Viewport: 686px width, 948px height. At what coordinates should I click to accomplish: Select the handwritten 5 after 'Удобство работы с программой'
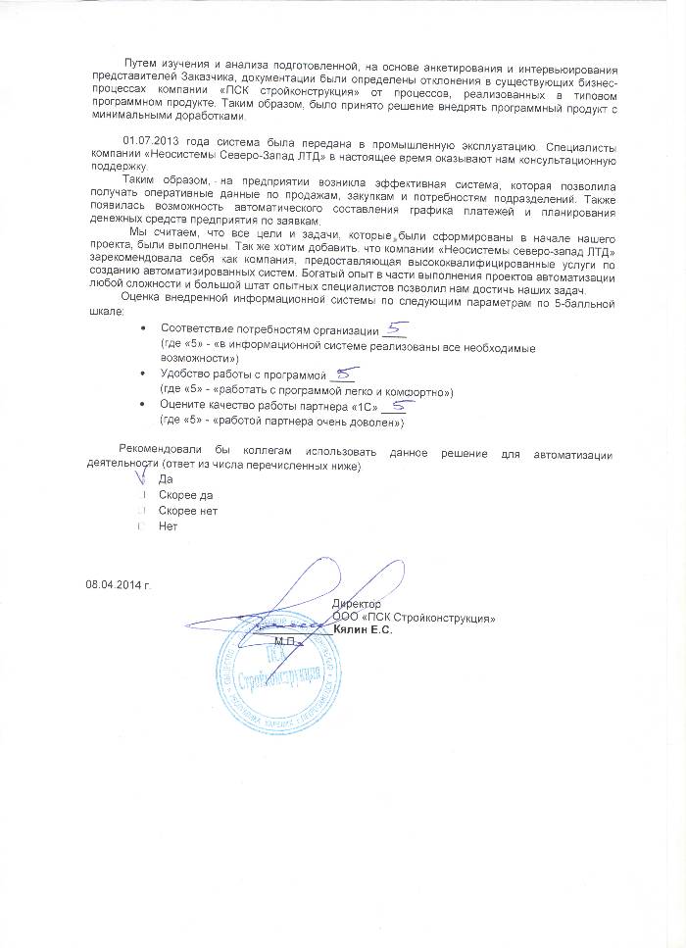(344, 373)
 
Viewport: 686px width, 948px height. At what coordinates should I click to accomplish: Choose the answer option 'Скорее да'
(184, 495)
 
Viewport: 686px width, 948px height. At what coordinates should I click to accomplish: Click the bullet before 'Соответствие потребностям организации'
(144, 327)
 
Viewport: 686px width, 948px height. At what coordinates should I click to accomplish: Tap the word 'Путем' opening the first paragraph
(129, 64)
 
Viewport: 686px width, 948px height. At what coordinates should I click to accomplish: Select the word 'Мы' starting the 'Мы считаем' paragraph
(138, 226)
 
